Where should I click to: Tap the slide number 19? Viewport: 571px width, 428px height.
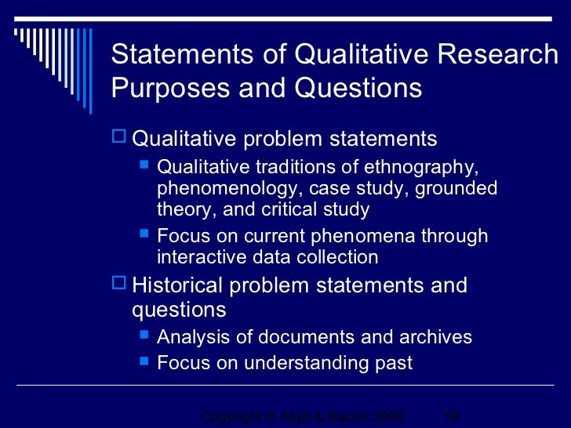[x=451, y=417]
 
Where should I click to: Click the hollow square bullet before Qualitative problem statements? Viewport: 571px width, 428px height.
[x=119, y=139]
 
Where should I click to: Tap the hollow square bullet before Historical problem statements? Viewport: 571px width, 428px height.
[x=119, y=284]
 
